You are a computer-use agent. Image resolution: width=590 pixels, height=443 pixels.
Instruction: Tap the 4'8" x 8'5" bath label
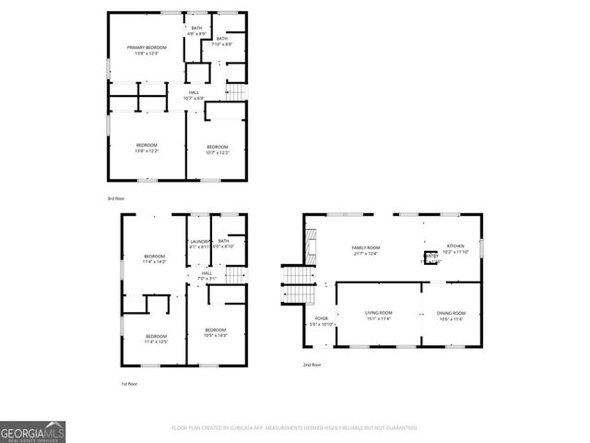click(x=196, y=31)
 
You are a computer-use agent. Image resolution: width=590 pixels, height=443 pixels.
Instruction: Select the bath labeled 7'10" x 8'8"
click(x=222, y=42)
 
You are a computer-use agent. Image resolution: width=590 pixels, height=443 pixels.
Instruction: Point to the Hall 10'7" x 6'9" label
click(x=195, y=95)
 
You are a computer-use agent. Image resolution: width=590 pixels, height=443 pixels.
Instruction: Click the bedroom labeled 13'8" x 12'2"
click(x=147, y=148)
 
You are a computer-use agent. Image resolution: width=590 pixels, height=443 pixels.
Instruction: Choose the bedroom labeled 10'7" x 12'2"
click(x=217, y=150)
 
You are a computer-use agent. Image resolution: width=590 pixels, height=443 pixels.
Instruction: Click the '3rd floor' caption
click(x=116, y=198)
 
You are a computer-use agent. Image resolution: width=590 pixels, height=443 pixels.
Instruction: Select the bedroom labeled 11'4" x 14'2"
click(x=154, y=258)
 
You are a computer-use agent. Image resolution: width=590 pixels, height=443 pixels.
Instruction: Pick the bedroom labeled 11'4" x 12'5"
click(x=156, y=338)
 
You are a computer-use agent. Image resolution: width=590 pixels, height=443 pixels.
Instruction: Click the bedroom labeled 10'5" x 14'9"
click(x=215, y=332)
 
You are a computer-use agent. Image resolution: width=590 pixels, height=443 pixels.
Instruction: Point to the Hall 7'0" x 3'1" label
click(x=206, y=275)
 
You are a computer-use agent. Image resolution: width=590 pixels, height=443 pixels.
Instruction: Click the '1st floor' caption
click(x=130, y=383)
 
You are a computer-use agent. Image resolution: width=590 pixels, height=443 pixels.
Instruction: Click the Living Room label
click(x=379, y=316)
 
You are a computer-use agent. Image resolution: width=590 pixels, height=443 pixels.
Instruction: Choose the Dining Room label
click(x=451, y=316)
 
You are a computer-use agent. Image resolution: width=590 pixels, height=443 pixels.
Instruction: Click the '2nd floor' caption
click(x=313, y=365)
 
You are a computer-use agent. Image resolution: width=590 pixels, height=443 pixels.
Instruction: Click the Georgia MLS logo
click(x=33, y=432)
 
